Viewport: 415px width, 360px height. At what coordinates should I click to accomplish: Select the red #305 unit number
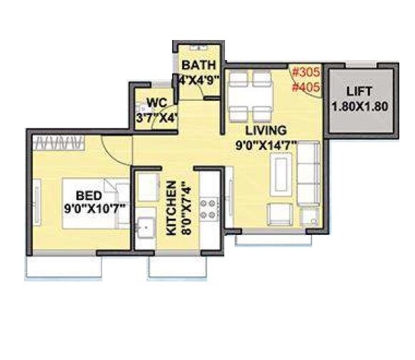[x=306, y=72]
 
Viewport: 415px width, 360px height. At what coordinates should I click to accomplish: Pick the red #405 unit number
[x=306, y=88]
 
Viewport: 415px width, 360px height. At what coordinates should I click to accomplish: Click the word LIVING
[x=266, y=130]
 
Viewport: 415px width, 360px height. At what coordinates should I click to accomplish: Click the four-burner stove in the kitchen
[x=210, y=208]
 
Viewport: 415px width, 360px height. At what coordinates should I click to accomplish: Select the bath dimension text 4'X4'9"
[x=199, y=79]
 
